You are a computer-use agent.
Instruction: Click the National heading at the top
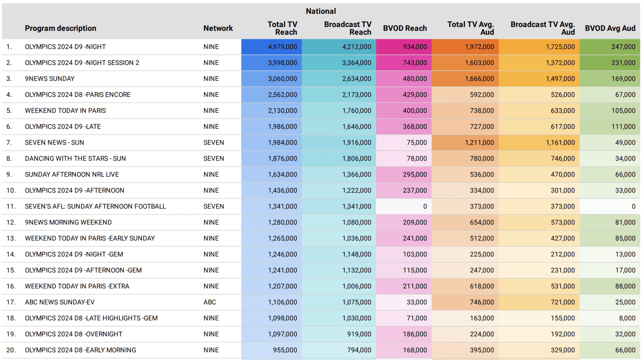click(320, 11)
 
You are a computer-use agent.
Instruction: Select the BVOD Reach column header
click(405, 28)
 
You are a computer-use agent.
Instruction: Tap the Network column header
click(218, 28)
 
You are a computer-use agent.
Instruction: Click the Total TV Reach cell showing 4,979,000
click(282, 47)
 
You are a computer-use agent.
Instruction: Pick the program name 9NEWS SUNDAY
click(50, 79)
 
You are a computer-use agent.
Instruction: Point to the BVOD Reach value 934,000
click(415, 47)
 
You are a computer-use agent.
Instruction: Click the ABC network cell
click(210, 302)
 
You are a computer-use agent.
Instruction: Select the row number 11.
click(11, 206)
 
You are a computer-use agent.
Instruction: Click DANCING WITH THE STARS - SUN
click(75, 159)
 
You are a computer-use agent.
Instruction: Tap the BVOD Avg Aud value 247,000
click(623, 47)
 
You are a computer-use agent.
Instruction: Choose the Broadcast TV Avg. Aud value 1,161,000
click(560, 143)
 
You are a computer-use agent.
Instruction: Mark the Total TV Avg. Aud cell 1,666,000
click(479, 79)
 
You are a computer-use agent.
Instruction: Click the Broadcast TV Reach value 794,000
click(359, 350)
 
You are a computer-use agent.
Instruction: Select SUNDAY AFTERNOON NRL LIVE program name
click(72, 175)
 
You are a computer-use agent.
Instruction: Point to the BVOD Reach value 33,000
click(417, 302)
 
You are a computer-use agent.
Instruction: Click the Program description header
click(60, 28)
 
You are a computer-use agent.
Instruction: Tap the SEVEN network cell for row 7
click(214, 143)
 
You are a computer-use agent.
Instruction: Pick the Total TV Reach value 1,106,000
click(282, 302)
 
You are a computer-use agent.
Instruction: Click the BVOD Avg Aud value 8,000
click(627, 318)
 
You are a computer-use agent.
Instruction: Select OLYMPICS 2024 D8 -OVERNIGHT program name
click(73, 334)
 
